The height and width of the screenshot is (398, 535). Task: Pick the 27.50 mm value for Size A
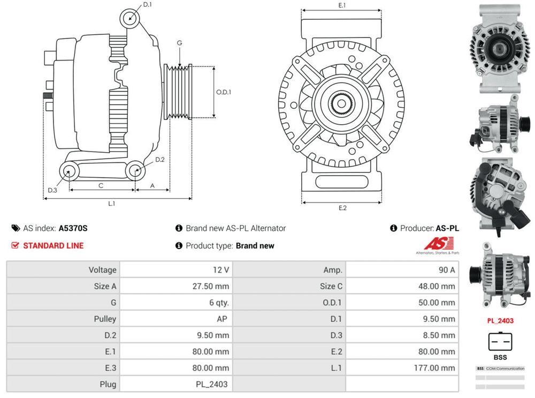coord(211,287)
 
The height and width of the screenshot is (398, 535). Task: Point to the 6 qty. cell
coord(219,303)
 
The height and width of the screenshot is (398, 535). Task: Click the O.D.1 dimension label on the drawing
coord(224,92)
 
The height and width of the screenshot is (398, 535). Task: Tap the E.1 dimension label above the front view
coord(342,5)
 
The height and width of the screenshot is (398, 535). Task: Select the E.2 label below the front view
coord(342,208)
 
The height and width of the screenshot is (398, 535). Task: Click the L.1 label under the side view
coord(112,204)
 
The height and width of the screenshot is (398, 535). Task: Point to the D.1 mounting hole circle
coord(129,17)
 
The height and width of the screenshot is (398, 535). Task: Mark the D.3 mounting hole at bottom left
coord(68,171)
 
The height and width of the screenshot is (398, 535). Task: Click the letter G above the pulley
coord(179,43)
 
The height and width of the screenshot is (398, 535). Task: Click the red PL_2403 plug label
coord(500,321)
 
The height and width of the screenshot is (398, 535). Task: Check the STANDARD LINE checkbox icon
coord(15,246)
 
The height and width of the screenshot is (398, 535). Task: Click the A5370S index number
coord(73,228)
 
